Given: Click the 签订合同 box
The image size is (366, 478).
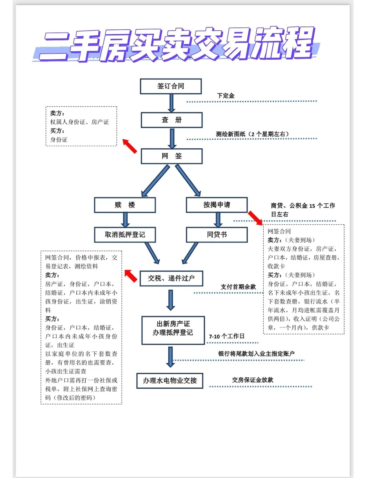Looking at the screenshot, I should point(170,87).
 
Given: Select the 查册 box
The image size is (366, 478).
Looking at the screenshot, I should point(172,120).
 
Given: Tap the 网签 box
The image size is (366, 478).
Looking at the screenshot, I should point(172,156).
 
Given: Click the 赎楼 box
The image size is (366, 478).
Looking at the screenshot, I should point(125,205).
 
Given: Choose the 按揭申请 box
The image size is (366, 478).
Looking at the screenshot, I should point(216,205).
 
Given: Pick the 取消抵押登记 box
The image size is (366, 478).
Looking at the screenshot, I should point(125,235).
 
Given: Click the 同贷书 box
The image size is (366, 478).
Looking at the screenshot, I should point(216,235).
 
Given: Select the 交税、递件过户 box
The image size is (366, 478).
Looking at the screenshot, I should point(171,278).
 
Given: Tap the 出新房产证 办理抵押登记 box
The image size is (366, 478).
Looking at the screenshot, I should point(173,328).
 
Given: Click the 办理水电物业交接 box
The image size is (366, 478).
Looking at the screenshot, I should point(170,381).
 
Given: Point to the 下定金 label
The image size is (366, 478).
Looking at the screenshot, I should point(226,96).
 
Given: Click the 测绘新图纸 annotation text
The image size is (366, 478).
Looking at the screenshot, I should point(252,134).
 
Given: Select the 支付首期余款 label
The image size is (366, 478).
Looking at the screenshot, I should point(238,287).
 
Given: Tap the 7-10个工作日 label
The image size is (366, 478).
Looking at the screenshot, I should point(227,336).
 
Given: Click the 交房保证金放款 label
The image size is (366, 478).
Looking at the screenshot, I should point(252,380).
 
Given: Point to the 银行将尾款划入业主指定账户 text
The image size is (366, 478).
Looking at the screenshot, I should point(256,354).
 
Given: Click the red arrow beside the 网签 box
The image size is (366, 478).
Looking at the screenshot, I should point(130,146).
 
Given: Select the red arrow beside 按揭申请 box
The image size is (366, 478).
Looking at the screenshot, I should point(255,217).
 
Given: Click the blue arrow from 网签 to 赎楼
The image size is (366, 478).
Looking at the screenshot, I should point(155,181).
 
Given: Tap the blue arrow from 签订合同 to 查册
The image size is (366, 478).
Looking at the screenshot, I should point(171,103).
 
